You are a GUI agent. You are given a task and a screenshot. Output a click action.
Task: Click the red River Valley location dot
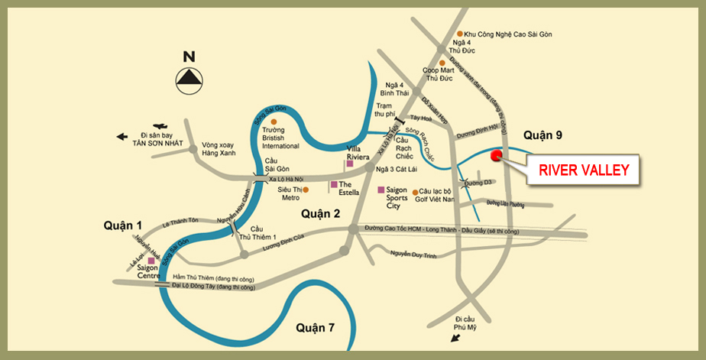pyautogui.click(x=496, y=156)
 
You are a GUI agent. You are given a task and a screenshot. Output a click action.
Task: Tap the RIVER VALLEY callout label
pyautogui.click(x=584, y=170)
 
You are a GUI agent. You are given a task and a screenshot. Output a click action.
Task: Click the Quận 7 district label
pyautogui.click(x=316, y=328)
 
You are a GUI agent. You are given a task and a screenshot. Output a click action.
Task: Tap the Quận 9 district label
pyautogui.click(x=542, y=135)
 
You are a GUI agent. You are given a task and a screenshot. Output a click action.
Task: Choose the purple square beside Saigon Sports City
pyautogui.click(x=381, y=190)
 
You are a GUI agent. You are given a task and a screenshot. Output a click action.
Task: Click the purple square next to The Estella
pyautogui.click(x=333, y=184)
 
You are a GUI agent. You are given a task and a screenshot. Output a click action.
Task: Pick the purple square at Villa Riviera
pyautogui.click(x=349, y=163)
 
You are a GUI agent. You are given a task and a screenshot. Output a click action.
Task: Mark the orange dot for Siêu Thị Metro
pyautogui.click(x=306, y=190)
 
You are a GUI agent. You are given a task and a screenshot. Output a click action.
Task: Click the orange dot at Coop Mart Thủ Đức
pyautogui.click(x=442, y=62)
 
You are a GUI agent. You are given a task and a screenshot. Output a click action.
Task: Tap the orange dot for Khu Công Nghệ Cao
pyautogui.click(x=459, y=34)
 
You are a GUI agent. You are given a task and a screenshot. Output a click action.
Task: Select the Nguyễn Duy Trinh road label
pyautogui.click(x=413, y=255)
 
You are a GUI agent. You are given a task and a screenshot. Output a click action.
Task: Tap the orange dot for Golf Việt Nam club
pyautogui.click(x=415, y=193)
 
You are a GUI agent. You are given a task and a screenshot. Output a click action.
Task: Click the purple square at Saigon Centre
pyautogui.click(x=151, y=261)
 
